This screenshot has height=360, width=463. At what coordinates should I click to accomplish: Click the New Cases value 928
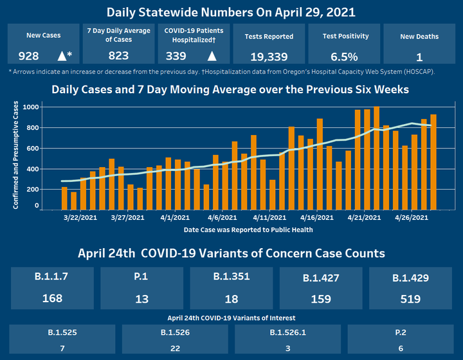pyautogui.click(x=29, y=56)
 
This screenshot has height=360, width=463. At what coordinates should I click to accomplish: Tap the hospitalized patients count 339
pyautogui.click(x=176, y=56)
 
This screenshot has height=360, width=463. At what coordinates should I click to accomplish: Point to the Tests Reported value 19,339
pyautogui.click(x=269, y=56)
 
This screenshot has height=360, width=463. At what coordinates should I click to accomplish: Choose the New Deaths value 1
pyautogui.click(x=419, y=56)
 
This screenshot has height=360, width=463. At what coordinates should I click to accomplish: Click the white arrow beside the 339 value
pyautogui.click(x=212, y=56)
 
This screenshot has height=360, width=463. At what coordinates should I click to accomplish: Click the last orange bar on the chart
pyautogui.click(x=433, y=161)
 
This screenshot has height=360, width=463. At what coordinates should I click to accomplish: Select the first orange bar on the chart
pyautogui.click(x=64, y=197)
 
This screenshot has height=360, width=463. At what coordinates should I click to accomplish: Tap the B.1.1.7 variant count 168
pyautogui.click(x=51, y=298)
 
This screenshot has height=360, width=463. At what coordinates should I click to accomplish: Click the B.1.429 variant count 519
pyautogui.click(x=410, y=298)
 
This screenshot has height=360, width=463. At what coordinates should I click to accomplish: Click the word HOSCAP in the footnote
pyautogui.click(x=417, y=71)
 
